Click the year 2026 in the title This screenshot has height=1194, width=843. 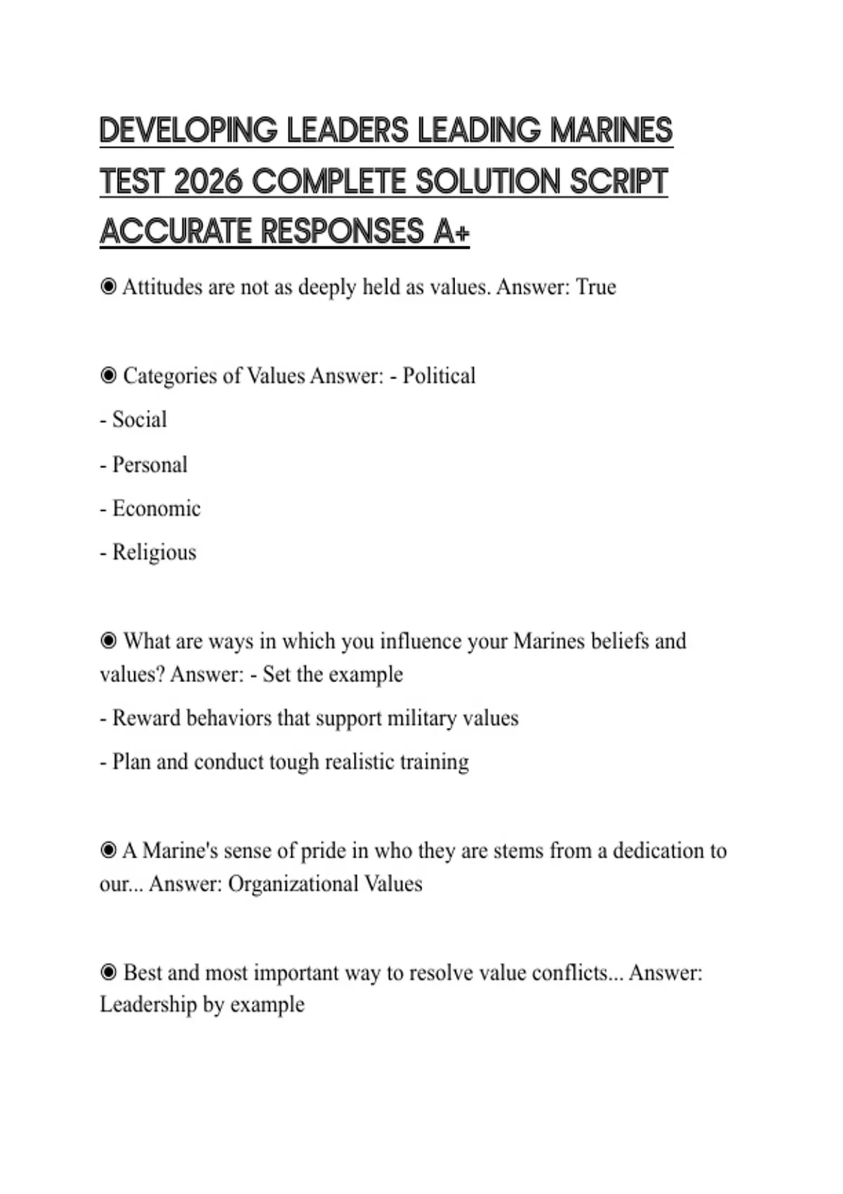click(207, 182)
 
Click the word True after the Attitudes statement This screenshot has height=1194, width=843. click(596, 287)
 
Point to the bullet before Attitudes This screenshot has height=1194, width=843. click(108, 287)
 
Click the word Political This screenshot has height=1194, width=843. click(439, 376)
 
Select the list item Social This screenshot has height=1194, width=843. click(139, 420)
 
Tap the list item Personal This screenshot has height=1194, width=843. click(150, 465)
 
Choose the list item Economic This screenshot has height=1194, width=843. click(156, 509)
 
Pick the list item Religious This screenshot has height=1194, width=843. click(154, 553)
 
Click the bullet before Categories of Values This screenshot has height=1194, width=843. click(108, 376)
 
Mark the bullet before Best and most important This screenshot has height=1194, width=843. click(108, 973)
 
